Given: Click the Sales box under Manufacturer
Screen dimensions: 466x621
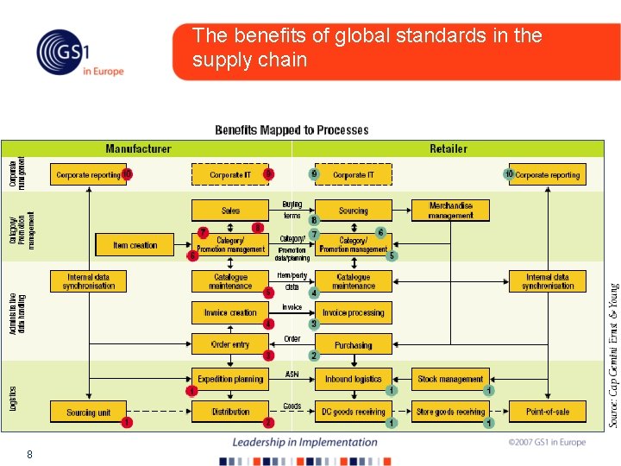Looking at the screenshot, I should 230,211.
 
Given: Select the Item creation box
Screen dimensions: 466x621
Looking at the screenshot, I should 135,245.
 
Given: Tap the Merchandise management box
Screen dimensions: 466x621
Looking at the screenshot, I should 450,210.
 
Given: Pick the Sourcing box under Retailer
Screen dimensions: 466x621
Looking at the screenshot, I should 353,211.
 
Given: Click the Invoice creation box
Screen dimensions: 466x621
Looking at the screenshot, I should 230,312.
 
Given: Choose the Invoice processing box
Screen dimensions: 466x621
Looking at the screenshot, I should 353,312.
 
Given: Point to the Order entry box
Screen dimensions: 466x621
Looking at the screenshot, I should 230,344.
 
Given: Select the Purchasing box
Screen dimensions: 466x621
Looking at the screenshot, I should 353,344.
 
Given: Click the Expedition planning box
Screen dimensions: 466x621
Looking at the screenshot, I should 230,379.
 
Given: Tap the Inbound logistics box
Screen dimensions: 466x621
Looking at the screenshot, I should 353,379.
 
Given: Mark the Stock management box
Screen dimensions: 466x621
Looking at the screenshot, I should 450,379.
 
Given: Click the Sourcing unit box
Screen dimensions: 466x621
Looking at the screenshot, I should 89,412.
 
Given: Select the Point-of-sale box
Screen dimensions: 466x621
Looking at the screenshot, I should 548,412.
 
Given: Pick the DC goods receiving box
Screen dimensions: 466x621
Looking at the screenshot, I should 353,412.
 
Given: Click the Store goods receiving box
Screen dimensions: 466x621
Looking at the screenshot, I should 450,412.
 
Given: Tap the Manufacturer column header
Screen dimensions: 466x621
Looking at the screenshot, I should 138,148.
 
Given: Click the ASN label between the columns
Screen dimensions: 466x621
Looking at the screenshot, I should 292,375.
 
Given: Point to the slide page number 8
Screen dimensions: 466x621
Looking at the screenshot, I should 29,454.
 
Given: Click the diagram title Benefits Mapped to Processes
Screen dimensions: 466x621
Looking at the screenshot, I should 292,130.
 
